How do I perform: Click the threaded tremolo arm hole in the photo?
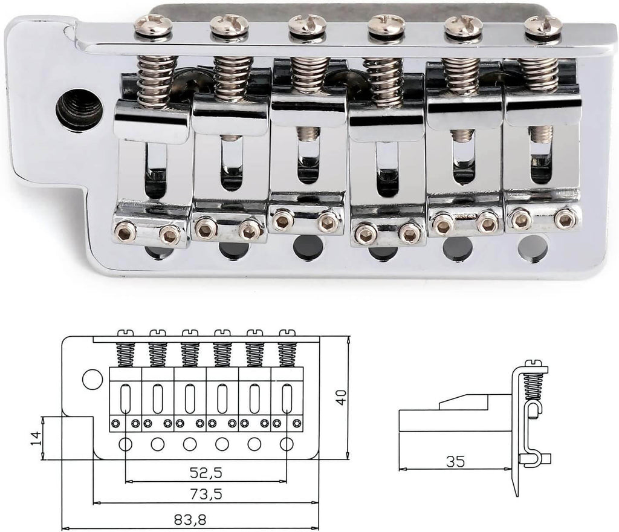tap(79, 109)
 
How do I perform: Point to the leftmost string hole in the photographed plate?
tap(156, 251)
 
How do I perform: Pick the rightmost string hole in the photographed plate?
tap(533, 248)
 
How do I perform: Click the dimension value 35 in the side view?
tap(456, 461)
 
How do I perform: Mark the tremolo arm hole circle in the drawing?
tap(92, 379)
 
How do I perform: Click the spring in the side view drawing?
tap(533, 386)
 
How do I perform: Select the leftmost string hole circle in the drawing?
tap(126, 444)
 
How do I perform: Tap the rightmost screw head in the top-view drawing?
tap(287, 332)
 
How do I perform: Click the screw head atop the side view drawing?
tap(534, 363)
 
